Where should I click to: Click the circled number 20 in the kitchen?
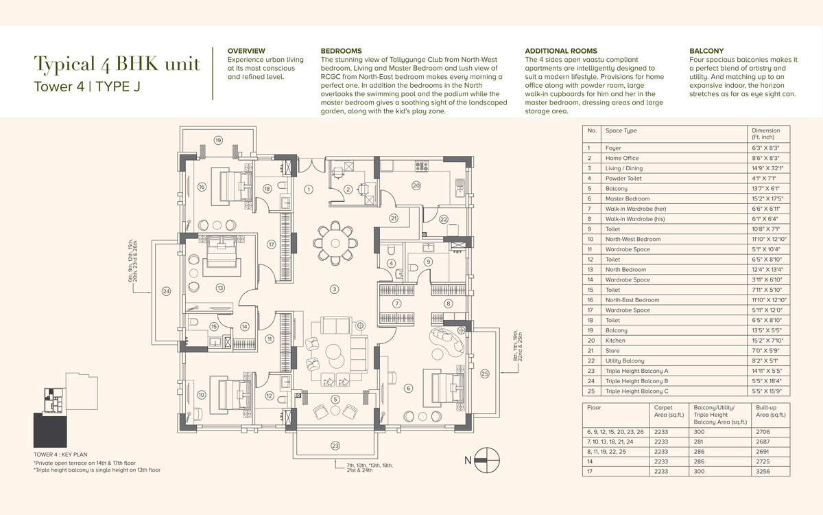(x=416, y=185)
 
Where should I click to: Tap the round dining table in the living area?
(x=335, y=243)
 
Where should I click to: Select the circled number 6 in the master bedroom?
(x=408, y=388)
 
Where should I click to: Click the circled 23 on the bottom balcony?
(x=335, y=446)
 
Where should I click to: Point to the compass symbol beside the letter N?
(x=487, y=460)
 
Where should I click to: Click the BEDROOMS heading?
(x=341, y=51)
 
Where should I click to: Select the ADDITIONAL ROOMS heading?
(x=561, y=51)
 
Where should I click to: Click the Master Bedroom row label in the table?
(x=627, y=198)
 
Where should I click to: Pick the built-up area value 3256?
(x=763, y=471)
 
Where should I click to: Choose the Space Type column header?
(x=621, y=130)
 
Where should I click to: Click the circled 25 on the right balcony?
(x=485, y=374)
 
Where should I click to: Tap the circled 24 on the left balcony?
(x=166, y=291)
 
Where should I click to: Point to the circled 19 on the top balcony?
(x=218, y=140)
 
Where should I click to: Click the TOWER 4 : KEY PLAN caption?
(x=60, y=455)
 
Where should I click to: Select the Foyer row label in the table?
(x=613, y=148)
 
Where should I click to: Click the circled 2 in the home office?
(x=348, y=190)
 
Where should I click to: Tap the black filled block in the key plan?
(x=50, y=430)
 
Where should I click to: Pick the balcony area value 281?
(x=698, y=442)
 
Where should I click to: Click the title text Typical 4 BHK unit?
(x=117, y=64)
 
